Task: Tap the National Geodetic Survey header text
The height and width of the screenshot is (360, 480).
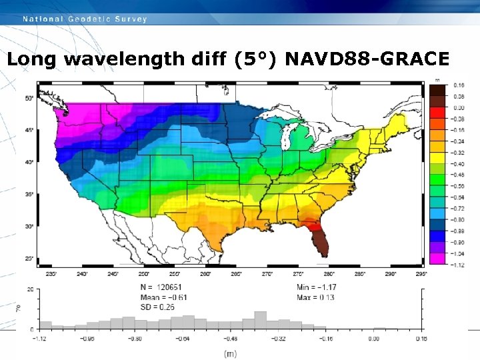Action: coord(85,19)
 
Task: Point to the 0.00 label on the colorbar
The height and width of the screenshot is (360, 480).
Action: coord(459,107)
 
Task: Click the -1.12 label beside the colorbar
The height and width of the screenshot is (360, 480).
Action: coord(459,265)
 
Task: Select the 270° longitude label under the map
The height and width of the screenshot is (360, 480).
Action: coord(267,273)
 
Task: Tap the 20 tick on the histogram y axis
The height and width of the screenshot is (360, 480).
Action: coord(31,290)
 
